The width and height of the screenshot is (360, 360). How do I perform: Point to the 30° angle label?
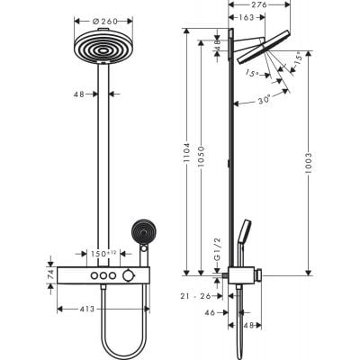[264, 101]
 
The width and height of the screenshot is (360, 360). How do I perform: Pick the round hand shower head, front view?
[141, 231]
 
